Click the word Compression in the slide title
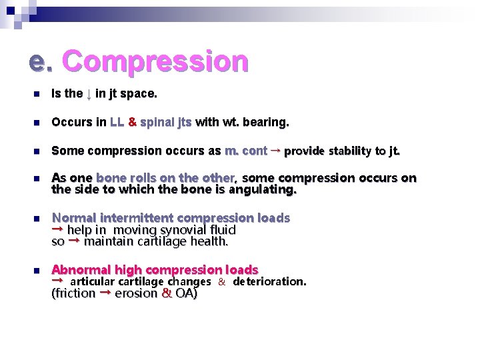tap(155, 61)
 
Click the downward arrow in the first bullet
tap(88, 95)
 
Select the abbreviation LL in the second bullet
tap(117, 123)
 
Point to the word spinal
tap(157, 123)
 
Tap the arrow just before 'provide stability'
tap(275, 150)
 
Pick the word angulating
tap(262, 190)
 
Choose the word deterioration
tap(269, 281)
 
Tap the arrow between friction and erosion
tap(105, 293)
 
